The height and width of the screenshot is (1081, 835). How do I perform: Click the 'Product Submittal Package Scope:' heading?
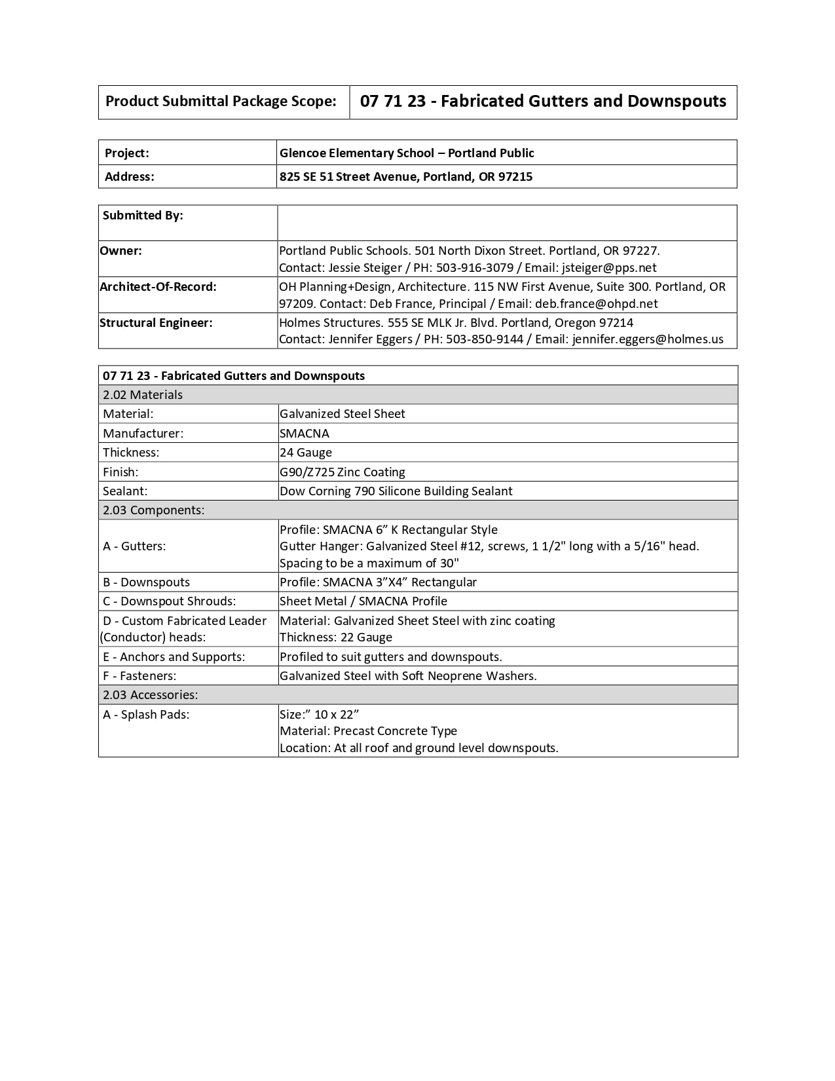221,102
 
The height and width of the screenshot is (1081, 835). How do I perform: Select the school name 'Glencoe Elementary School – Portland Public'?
406,153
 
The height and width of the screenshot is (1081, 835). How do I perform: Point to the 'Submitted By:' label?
143,216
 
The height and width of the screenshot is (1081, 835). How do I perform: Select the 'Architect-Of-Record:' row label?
158,287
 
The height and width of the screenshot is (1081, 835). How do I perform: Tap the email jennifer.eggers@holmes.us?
648,339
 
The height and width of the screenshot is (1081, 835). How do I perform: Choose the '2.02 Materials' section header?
143,395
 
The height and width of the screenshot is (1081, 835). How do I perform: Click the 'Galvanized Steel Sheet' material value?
342,414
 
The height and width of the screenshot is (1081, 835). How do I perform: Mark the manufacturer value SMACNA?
304,434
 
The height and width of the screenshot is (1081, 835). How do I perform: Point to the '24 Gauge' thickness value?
305,453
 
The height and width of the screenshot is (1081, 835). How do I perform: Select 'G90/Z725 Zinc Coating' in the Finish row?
342,472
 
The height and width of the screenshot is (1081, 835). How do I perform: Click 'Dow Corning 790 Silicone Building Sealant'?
396,491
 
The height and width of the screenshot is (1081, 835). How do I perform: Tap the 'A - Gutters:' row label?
134,546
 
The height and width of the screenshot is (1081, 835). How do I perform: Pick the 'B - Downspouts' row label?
146,582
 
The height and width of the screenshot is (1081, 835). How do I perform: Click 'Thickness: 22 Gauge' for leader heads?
335,637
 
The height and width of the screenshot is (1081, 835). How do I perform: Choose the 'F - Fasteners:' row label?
139,676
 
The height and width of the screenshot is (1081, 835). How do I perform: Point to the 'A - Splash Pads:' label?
146,715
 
